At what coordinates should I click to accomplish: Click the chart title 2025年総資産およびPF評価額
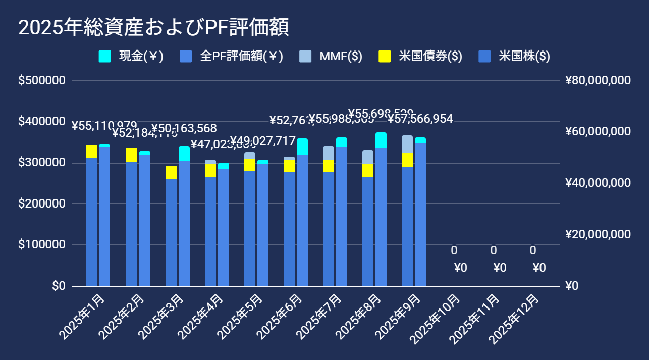click(153, 28)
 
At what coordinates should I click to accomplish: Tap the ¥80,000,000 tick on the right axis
click(599, 81)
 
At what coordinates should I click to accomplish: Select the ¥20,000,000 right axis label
click(599, 235)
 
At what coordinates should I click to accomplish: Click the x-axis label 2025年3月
click(160, 314)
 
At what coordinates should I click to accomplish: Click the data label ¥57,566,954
click(420, 119)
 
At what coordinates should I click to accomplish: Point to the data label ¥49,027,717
click(262, 140)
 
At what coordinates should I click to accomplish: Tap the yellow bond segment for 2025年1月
click(91, 151)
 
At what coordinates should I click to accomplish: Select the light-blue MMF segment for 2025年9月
click(407, 144)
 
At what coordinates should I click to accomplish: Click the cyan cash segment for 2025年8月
click(381, 140)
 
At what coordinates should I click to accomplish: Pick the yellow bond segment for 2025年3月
click(171, 172)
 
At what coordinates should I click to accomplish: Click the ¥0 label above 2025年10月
click(460, 268)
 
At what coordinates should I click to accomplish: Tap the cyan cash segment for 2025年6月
click(302, 146)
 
